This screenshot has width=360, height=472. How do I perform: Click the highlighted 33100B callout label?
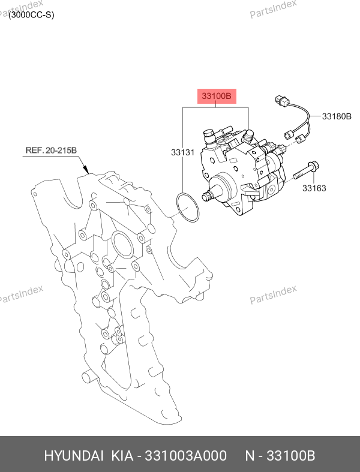tap(217, 96)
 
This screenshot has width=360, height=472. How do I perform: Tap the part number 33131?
tap(182, 152)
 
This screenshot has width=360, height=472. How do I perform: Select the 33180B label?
tap(337, 116)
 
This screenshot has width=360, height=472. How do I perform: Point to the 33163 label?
tap(314, 188)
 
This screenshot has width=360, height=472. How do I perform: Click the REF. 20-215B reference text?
tap(51, 150)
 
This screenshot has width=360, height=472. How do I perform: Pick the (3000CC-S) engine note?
tap(31, 15)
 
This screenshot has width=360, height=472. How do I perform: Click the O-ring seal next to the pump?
tap(187, 208)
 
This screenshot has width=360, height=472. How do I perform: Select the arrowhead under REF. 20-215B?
tap(86, 170)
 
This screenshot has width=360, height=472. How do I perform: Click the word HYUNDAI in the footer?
tap(74, 456)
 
